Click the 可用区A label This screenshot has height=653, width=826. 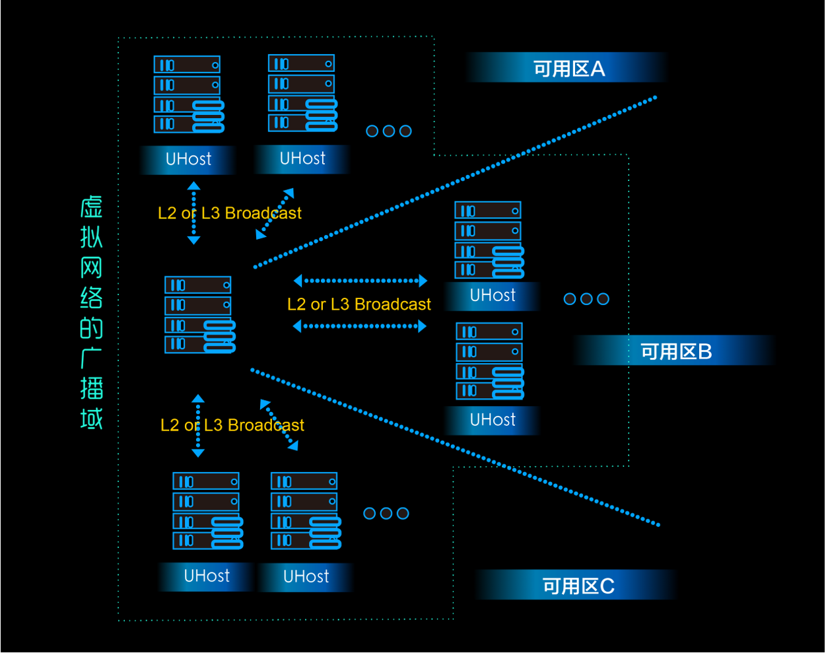point(568,69)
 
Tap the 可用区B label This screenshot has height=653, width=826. point(676,351)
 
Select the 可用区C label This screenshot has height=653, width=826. point(578,586)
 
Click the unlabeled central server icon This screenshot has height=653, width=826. point(199,314)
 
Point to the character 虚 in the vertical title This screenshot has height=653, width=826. point(92,207)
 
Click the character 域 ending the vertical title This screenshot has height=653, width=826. point(92,419)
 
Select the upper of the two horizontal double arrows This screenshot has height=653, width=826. point(361,281)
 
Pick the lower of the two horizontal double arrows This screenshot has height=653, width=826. point(360,326)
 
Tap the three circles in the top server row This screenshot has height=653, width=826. point(389,131)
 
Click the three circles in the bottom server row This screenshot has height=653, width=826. point(386,514)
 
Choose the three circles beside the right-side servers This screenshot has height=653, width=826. point(586,299)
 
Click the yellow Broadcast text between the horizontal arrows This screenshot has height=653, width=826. point(359,304)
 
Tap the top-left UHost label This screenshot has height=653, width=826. point(188,159)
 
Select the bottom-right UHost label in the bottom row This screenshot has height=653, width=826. point(306,576)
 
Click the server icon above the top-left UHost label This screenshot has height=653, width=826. point(189,94)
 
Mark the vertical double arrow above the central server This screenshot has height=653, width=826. point(193,213)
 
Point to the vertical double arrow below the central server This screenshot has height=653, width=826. point(197,426)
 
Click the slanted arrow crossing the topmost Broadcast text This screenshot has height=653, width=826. point(275,213)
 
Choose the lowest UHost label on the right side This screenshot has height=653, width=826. point(493,420)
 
